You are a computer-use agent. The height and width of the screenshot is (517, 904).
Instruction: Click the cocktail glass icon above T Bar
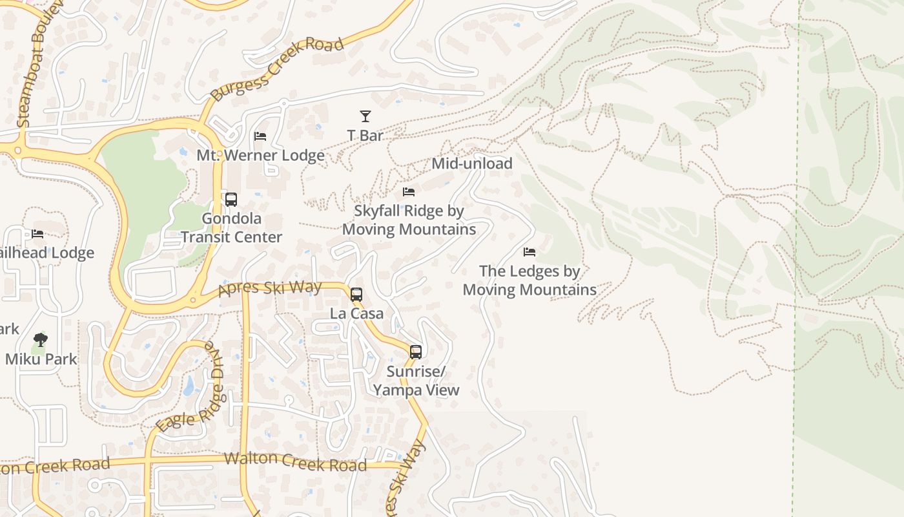click(365, 116)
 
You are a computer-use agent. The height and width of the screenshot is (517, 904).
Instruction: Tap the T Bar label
click(365, 136)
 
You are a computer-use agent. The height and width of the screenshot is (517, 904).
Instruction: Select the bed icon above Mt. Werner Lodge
click(260, 136)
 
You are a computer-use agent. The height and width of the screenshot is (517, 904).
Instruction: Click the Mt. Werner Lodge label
click(260, 156)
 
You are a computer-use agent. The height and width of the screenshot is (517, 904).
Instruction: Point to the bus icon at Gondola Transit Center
click(231, 199)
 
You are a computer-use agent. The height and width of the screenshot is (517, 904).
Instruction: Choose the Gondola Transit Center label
click(231, 227)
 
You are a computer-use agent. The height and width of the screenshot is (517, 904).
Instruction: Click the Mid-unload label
click(472, 164)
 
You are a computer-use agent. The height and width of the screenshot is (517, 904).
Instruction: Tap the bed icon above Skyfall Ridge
click(409, 192)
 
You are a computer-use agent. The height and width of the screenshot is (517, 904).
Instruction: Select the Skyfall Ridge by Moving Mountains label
click(409, 220)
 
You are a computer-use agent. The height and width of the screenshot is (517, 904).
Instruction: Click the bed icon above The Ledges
click(529, 252)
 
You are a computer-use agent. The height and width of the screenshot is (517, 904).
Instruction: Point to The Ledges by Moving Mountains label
click(529, 280)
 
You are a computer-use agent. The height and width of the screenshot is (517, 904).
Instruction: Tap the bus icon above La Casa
click(356, 295)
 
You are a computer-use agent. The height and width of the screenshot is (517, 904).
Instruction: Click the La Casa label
click(356, 313)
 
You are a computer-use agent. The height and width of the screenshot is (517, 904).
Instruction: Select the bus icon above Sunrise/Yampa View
click(416, 352)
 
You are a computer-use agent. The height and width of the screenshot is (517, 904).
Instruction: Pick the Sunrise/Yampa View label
click(416, 381)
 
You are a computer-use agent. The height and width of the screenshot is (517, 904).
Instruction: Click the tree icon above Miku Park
click(41, 339)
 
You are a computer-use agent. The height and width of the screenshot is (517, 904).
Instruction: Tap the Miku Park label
click(41, 359)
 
